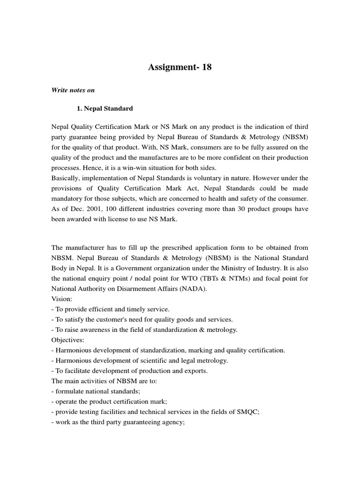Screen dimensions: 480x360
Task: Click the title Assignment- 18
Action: click(180, 67)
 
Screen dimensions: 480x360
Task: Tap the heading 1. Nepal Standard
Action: click(105, 108)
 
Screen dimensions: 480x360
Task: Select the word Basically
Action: click(65, 178)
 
